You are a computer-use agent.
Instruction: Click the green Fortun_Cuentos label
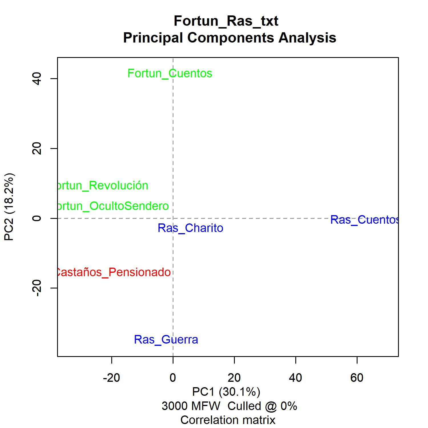[170, 74]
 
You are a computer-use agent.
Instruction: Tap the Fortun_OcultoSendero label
[113, 206]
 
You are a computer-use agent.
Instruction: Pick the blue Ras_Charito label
[190, 228]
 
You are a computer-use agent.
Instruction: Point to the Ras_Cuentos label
[364, 220]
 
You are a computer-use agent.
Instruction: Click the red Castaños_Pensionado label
[113, 272]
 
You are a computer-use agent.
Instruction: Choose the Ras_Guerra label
[166, 340]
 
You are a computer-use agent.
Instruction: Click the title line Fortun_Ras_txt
[226, 21]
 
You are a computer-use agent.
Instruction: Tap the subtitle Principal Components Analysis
[230, 38]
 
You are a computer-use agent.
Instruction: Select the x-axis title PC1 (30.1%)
[226, 392]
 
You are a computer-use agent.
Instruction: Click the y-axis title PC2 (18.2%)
[9, 207]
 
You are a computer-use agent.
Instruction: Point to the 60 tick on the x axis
[357, 378]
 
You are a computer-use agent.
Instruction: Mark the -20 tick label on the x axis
[111, 378]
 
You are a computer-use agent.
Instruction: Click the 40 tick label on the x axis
[295, 378]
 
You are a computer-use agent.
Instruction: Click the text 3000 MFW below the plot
[191, 406]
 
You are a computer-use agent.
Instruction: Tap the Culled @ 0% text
[262, 406]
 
